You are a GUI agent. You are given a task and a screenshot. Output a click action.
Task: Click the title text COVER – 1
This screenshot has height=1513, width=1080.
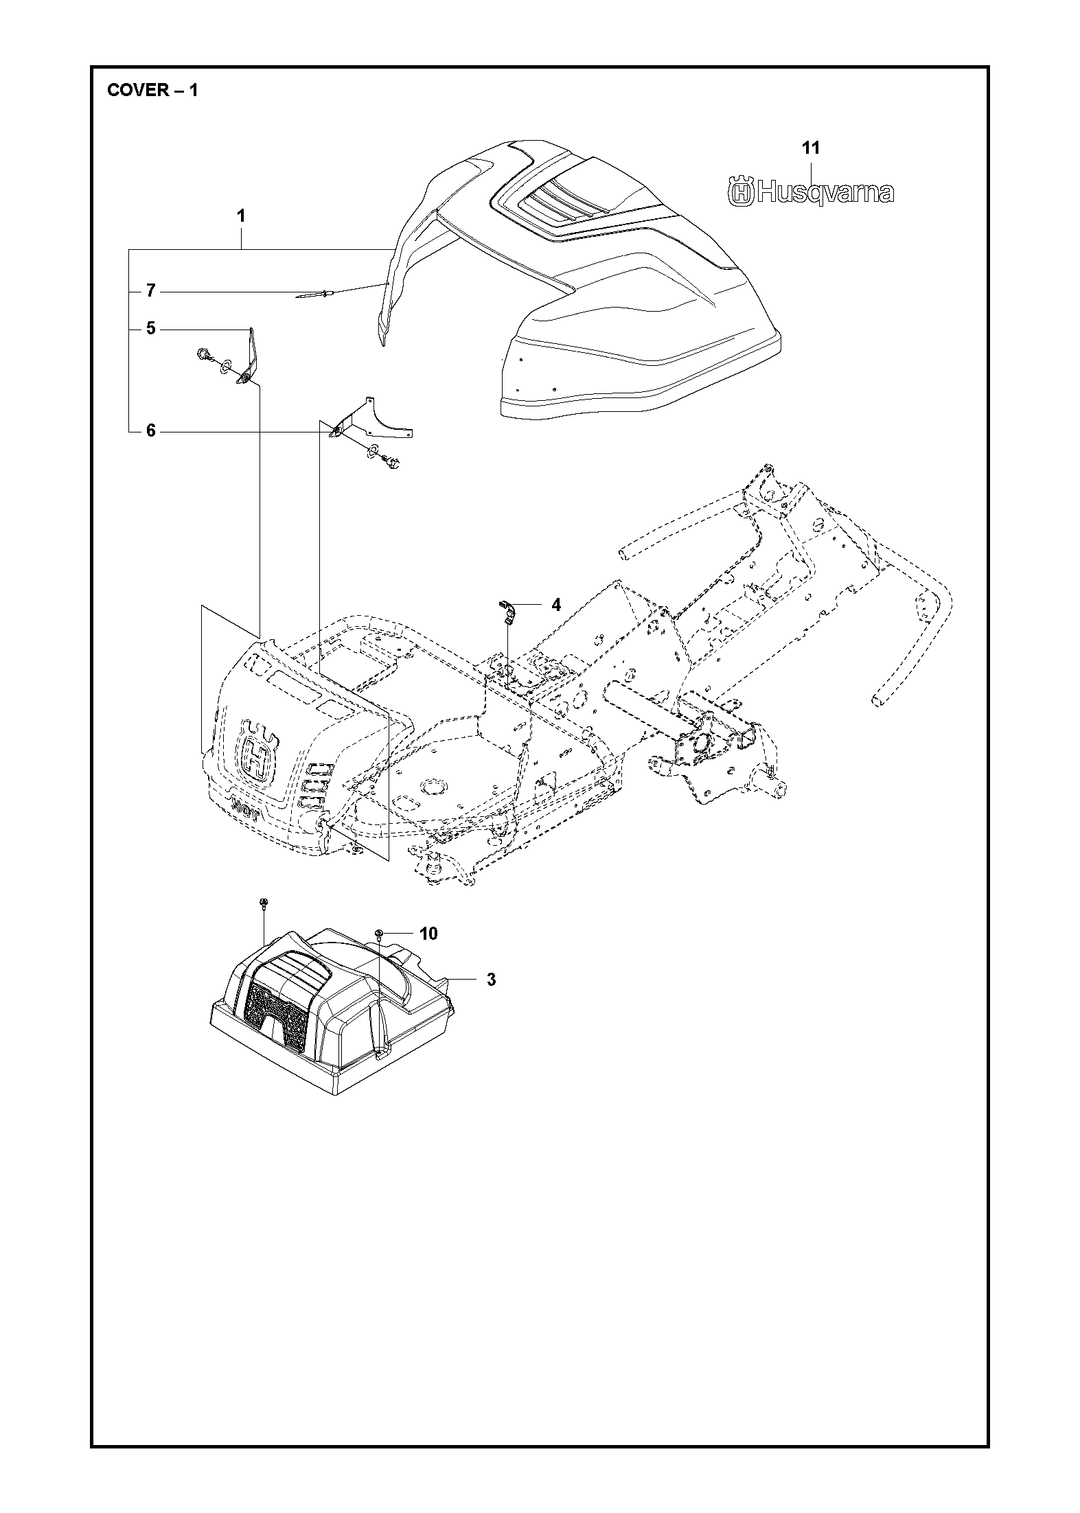[x=152, y=91]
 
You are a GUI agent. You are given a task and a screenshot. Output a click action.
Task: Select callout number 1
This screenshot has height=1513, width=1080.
[x=241, y=216]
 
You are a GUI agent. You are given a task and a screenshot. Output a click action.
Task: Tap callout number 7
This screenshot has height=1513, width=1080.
[x=151, y=292]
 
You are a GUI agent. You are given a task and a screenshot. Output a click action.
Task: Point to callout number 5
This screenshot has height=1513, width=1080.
[x=151, y=329]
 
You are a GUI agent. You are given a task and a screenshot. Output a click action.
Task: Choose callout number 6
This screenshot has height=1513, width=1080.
[x=151, y=431]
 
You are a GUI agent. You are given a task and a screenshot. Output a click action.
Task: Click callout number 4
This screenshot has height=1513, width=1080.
[x=556, y=605]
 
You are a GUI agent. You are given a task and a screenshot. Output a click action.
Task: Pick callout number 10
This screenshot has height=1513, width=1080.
[x=428, y=933]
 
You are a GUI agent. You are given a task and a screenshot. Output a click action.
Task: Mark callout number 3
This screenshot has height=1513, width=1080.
[x=491, y=979]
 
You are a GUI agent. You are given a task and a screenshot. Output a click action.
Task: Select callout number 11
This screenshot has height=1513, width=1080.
[x=812, y=148]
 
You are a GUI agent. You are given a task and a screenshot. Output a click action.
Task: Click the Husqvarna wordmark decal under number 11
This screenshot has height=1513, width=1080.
[x=811, y=192]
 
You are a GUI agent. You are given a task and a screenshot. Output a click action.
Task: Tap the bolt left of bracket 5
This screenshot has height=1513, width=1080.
[x=203, y=355]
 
